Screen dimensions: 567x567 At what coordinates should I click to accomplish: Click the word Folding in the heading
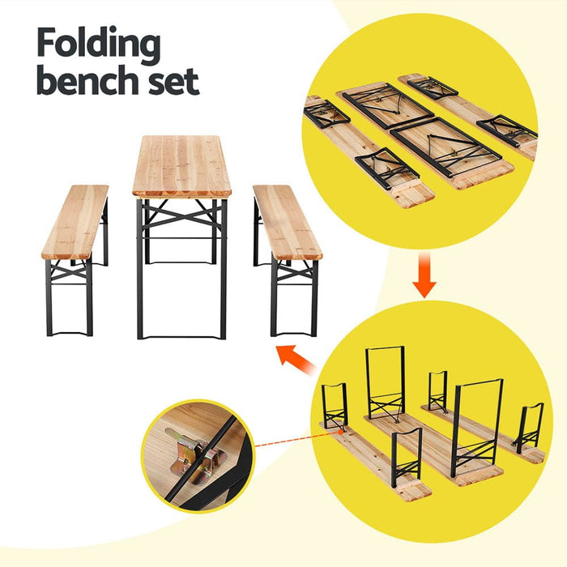(x=97, y=45)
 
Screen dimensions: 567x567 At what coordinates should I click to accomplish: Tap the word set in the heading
(x=171, y=83)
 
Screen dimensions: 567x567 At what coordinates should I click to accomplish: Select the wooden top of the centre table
(x=181, y=165)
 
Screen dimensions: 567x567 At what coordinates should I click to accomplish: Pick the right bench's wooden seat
(x=287, y=220)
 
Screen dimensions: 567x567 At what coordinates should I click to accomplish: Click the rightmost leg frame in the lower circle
(x=530, y=425)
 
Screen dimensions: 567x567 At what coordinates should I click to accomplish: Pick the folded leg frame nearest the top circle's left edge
(x=326, y=113)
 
